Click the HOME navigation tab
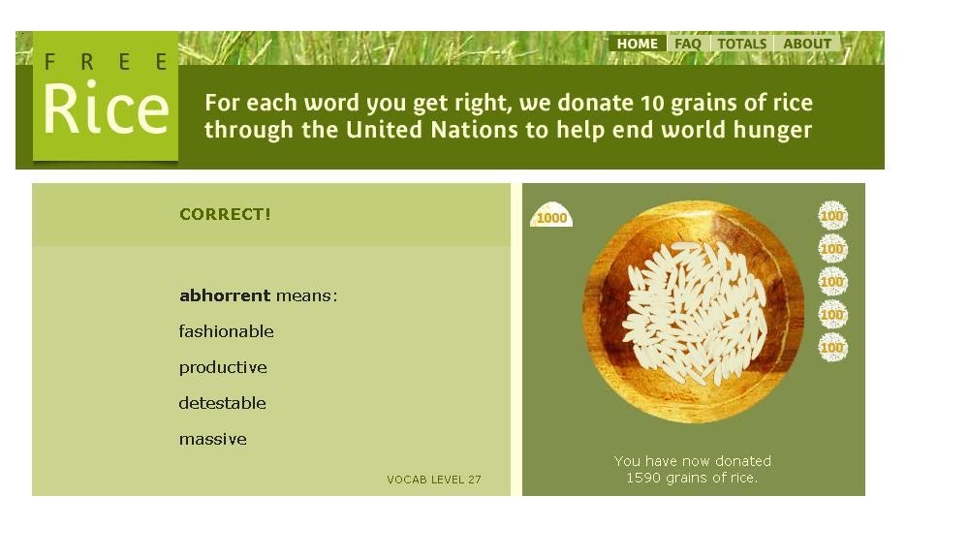[x=638, y=44]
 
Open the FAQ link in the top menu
[x=688, y=44]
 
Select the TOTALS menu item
[x=742, y=44]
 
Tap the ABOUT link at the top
[x=807, y=44]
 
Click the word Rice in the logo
[x=106, y=109]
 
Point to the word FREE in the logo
[x=106, y=63]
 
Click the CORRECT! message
[x=225, y=215]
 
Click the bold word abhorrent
[x=225, y=295]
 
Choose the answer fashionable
[x=226, y=331]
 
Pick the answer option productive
[x=223, y=367]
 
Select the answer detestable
[x=222, y=403]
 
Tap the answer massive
[x=212, y=439]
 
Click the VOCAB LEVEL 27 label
[x=434, y=480]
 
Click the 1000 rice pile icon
[x=551, y=217]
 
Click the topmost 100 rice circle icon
[x=832, y=215]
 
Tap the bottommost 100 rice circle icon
[x=832, y=347]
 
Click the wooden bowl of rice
[x=693, y=312]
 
